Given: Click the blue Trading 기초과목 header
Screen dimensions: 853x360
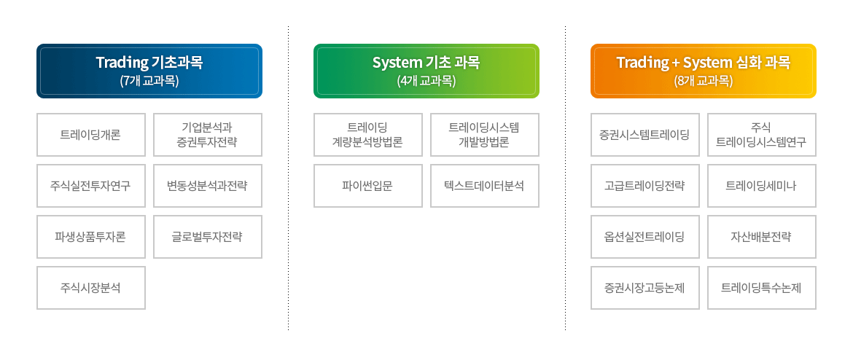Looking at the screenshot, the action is point(149,71).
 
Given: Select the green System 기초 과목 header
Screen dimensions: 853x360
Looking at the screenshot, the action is point(426,71).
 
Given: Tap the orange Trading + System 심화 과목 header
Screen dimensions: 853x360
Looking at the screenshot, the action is point(703,71).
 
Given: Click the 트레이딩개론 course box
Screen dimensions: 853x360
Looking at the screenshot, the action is point(91,135).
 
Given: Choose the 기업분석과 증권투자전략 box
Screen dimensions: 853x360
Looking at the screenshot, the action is point(207,135).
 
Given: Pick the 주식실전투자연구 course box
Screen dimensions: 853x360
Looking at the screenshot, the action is point(91,186).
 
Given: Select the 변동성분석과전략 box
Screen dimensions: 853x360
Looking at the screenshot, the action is point(207,186).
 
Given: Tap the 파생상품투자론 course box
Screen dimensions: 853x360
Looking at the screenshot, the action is point(91,237).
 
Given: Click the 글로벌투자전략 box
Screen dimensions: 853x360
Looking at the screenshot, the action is point(207,237).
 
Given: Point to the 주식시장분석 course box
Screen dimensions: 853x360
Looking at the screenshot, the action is point(91,288).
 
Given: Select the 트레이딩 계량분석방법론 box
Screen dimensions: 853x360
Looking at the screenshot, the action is point(367,135).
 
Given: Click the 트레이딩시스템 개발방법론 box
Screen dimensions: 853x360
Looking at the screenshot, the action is point(484,135).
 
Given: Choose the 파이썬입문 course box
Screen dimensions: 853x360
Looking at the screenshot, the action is point(367,186).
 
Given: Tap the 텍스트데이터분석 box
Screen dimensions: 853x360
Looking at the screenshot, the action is point(484,186).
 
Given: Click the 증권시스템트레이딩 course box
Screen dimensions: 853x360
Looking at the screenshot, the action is point(644,135).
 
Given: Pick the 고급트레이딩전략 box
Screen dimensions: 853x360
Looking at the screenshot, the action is point(644,186).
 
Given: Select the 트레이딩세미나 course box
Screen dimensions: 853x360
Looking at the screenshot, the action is point(762,186).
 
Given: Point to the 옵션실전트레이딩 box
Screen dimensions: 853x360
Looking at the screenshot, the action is point(644,237).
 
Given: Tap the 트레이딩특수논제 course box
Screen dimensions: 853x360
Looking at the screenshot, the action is point(762,288).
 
